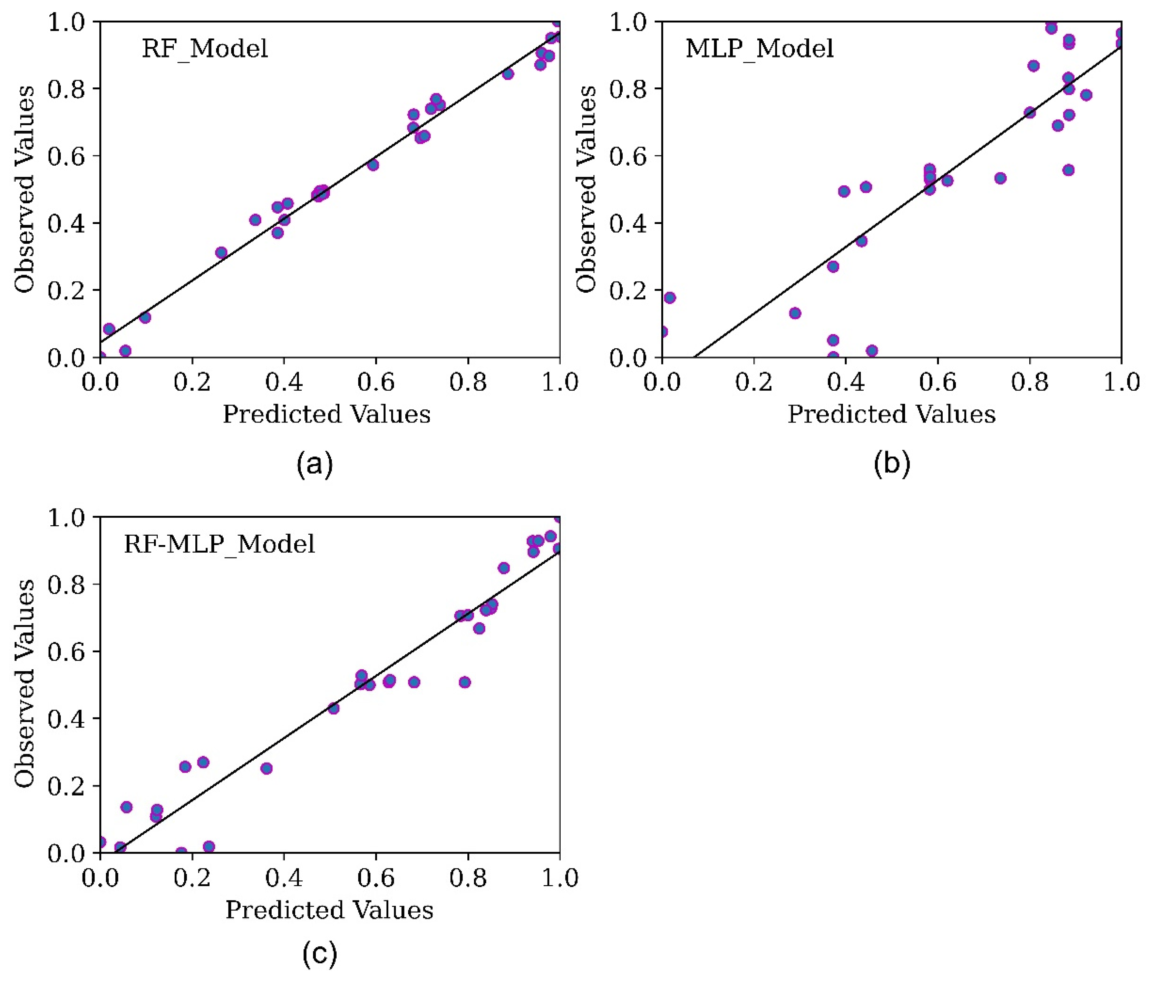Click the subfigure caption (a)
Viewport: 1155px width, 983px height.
315,463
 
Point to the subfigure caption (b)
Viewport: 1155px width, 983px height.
892,463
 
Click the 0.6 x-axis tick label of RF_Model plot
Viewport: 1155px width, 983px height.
376,382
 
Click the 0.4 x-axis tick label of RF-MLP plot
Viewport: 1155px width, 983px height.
284,878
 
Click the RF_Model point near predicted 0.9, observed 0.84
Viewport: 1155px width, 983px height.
507,74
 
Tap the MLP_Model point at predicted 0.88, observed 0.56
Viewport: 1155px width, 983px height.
1068,170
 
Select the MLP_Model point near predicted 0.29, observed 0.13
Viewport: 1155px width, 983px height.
795,313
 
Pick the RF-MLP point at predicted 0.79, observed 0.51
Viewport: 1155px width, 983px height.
465,682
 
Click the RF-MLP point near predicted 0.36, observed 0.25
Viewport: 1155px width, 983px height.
266,768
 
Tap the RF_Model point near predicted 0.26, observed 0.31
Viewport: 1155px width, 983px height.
221,252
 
